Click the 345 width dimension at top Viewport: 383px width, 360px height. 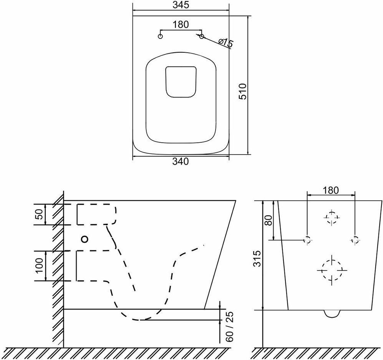181,5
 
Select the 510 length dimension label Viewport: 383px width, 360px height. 243,91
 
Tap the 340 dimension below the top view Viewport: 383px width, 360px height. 181,162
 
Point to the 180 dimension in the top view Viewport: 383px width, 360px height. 181,25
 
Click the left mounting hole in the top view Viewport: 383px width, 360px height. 161,37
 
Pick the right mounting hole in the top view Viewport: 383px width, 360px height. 202,37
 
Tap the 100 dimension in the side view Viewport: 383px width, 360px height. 39,266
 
